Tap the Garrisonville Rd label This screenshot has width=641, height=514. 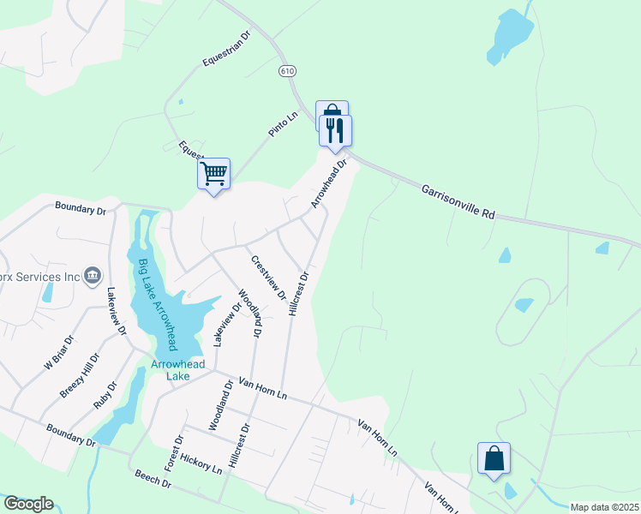pos(458,201)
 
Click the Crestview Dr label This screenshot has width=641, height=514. pos(269,277)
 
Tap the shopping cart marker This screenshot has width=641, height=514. pos(213,174)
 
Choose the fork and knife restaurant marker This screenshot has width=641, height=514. pos(335,130)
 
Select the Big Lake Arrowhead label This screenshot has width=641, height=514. pos(156,303)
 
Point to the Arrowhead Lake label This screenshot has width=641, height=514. pos(177,370)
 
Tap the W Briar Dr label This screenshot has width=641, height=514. pos(59,352)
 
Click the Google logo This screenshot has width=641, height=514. pos(27,504)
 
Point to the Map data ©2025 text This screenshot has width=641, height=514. pos(604,507)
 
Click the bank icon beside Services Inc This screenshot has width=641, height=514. pos(93,276)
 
